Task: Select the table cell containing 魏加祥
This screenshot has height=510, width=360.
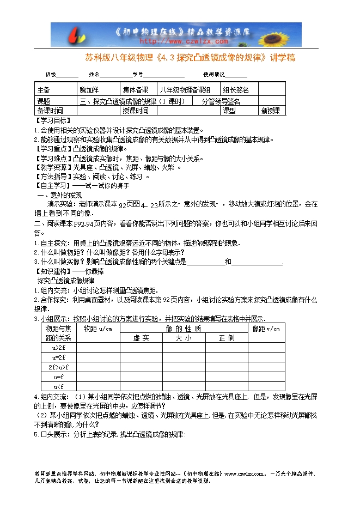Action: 90,90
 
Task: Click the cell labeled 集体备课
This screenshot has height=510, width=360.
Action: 135,90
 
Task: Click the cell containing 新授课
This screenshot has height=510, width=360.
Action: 270,111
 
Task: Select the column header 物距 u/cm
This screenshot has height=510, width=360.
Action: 97,329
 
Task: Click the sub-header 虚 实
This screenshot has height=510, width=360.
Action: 141,338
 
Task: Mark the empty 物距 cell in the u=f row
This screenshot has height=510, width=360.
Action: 97,377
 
